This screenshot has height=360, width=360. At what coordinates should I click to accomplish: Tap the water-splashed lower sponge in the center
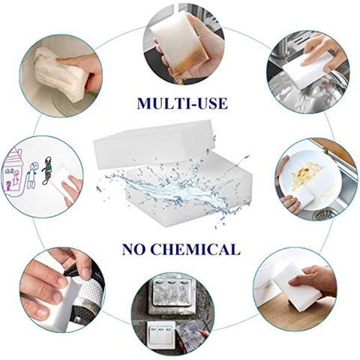(x=187, y=191)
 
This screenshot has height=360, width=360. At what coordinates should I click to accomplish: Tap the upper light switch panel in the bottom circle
(x=172, y=297)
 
